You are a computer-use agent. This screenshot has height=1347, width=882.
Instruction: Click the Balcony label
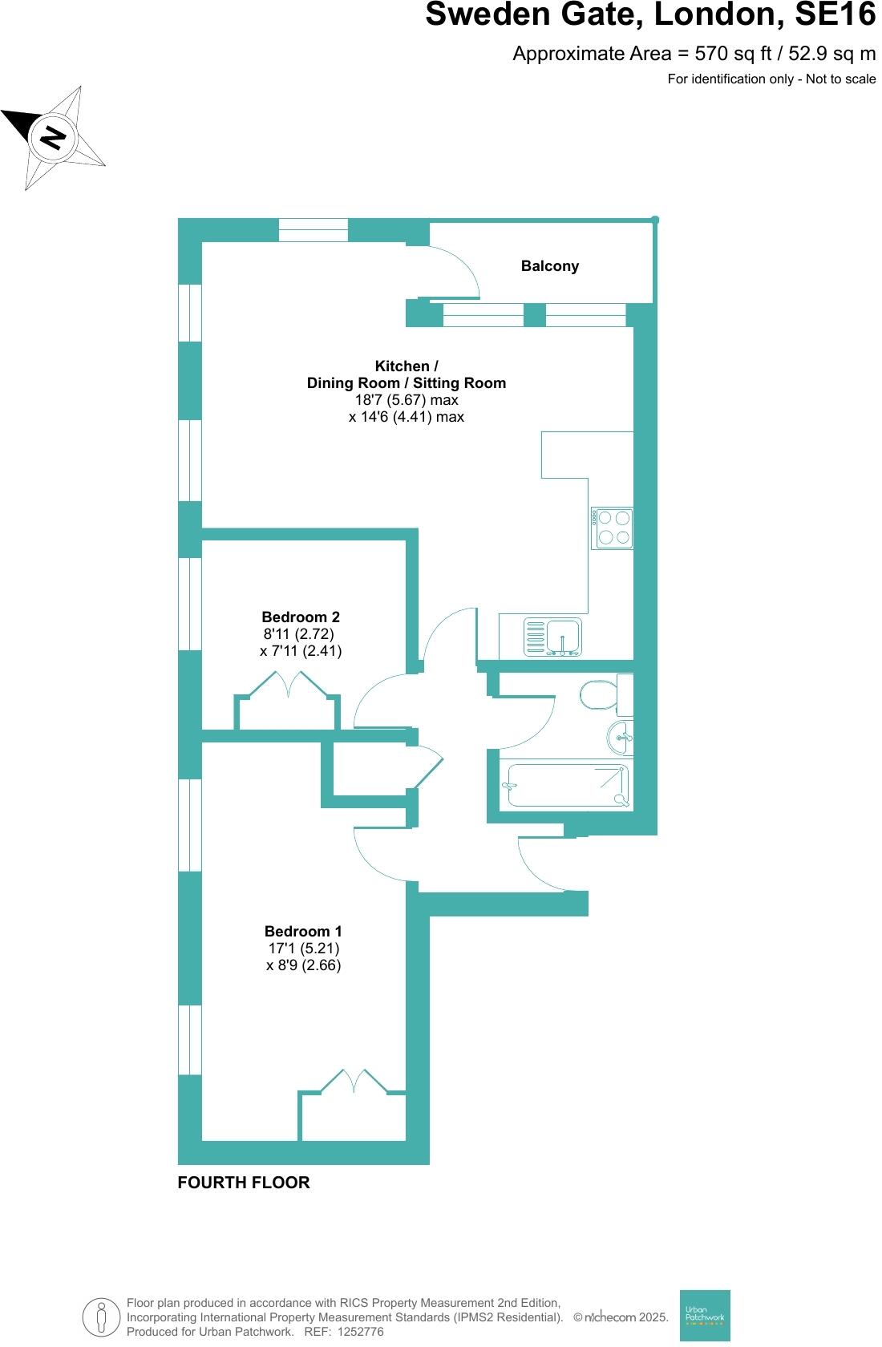click(x=549, y=266)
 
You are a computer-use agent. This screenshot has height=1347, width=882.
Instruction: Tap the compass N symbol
click(x=53, y=138)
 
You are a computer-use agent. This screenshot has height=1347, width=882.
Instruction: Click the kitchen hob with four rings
click(x=613, y=528)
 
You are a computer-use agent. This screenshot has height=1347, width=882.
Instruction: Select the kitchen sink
click(x=553, y=637)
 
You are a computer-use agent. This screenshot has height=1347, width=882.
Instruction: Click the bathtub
click(x=567, y=785)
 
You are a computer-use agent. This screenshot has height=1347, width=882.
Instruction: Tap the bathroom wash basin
click(x=621, y=737)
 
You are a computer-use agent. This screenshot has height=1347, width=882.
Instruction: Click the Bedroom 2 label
click(x=301, y=617)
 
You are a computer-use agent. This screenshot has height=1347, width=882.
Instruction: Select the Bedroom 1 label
click(x=303, y=931)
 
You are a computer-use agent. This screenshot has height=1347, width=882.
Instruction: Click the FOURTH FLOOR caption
click(x=243, y=1183)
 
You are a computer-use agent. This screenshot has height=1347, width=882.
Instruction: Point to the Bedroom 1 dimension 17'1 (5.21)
click(x=303, y=949)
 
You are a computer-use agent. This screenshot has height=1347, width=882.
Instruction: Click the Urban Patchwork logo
click(x=705, y=1315)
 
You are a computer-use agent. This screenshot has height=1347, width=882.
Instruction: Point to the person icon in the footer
click(x=101, y=1317)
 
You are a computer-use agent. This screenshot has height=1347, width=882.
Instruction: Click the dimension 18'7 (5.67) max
click(x=407, y=399)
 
